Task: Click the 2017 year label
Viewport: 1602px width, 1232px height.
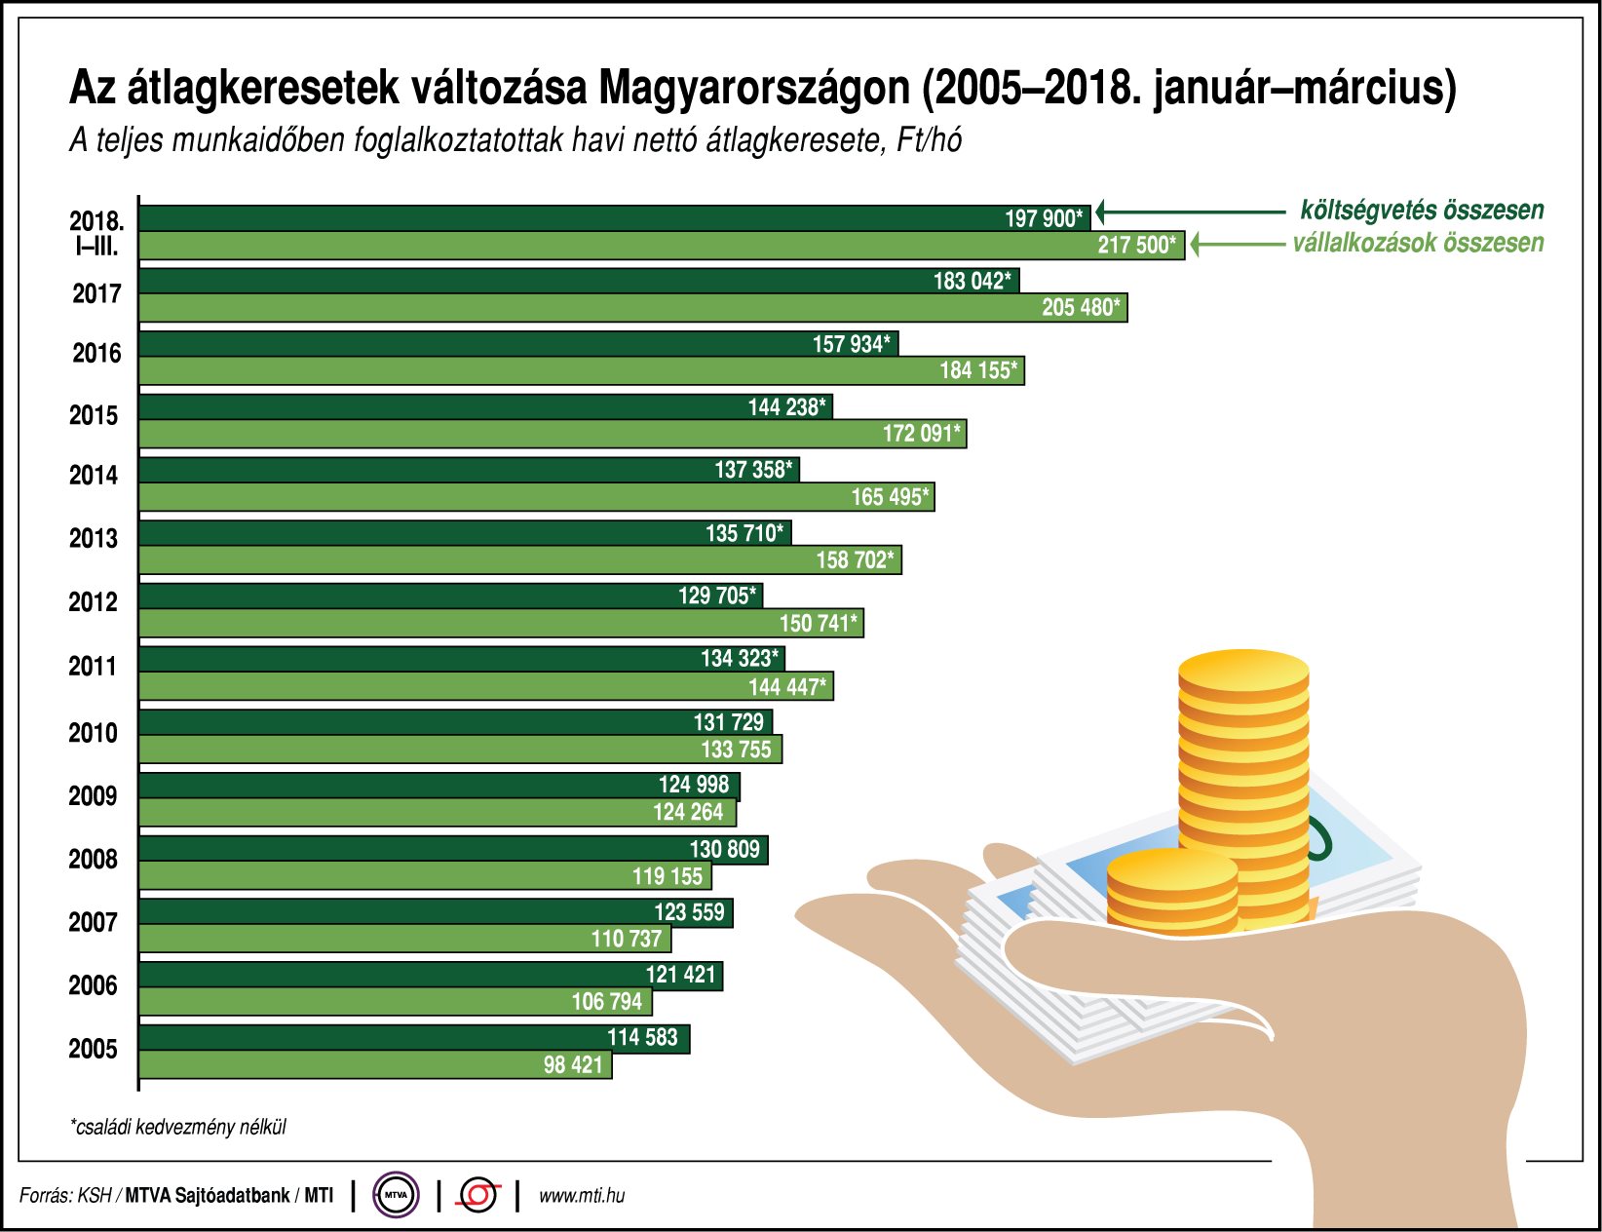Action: (x=96, y=293)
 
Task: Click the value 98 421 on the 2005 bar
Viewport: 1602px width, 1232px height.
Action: (x=573, y=1065)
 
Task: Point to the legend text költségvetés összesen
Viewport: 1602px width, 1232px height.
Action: (x=1421, y=211)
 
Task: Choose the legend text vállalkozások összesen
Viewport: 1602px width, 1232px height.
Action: (x=1418, y=243)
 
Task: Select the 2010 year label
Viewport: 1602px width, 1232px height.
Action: (x=93, y=733)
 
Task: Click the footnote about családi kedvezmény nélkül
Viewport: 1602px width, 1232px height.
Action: (x=178, y=1128)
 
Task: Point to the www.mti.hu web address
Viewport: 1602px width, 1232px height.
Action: (x=582, y=1196)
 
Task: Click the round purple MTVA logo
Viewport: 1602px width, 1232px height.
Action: (x=397, y=1195)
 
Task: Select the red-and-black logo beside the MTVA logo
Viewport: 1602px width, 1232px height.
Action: (x=478, y=1195)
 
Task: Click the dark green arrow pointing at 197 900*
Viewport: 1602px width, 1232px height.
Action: (x=1189, y=212)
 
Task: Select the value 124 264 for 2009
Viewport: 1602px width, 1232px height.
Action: (x=687, y=813)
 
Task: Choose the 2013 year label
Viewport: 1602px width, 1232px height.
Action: (x=93, y=538)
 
